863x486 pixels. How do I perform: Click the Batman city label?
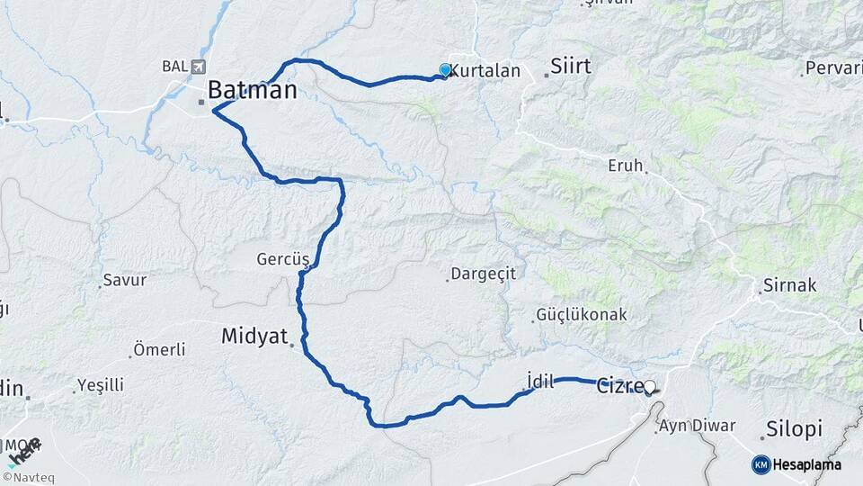pyautogui.click(x=252, y=90)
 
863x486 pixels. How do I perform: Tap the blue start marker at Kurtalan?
pyautogui.click(x=445, y=70)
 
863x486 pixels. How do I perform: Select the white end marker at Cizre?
pyautogui.click(x=650, y=387)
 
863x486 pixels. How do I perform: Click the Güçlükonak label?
pyautogui.click(x=581, y=315)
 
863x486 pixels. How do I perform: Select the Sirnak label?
pyautogui.click(x=789, y=285)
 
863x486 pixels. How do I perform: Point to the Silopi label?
pyautogui.click(x=794, y=429)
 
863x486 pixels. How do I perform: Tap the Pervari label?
pyautogui.click(x=833, y=67)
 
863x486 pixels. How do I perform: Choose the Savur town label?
pyautogui.click(x=125, y=280)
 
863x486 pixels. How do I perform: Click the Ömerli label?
pyautogui.click(x=159, y=349)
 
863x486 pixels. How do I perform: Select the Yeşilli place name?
pyautogui.click(x=100, y=385)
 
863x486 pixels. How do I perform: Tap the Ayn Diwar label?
pyautogui.click(x=697, y=426)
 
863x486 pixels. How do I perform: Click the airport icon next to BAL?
pyautogui.click(x=198, y=67)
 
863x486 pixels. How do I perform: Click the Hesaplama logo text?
pyautogui.click(x=806, y=464)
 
